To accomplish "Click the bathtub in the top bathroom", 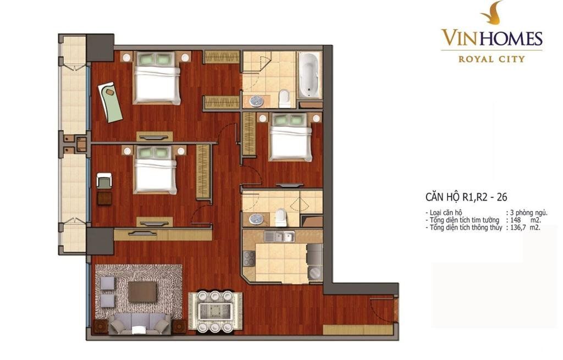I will [310, 75].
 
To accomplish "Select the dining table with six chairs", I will [215, 311].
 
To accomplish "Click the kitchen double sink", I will [279, 236].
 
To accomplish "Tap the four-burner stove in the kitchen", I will [249, 258].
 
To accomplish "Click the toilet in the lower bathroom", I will [281, 217].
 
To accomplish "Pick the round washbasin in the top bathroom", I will [257, 101].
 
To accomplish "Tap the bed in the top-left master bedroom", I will [157, 78].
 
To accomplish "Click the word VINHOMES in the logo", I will [492, 38].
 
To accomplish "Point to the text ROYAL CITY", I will [492, 59].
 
